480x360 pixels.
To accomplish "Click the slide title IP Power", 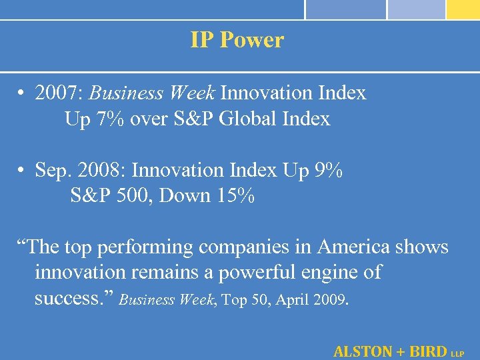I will pyautogui.click(x=237, y=40).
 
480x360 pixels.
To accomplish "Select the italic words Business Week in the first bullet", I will pyautogui.click(x=153, y=93).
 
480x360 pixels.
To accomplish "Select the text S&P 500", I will pyautogui.click(x=110, y=197).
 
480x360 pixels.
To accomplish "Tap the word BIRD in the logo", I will pyautogui.click(x=427, y=351).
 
